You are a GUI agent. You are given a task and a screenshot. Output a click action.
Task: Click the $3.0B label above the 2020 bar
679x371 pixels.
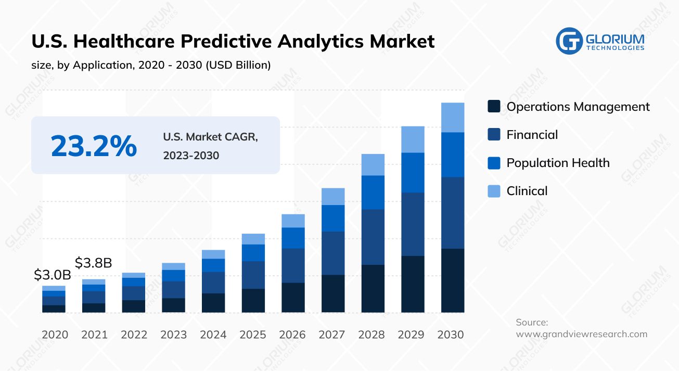[x=52, y=275]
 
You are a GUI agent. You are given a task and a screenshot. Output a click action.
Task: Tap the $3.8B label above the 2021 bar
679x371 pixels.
[x=94, y=263]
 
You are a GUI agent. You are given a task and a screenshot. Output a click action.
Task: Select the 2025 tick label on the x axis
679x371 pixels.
[x=253, y=335]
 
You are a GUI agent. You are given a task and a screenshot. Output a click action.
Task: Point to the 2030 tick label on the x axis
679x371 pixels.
[x=451, y=335]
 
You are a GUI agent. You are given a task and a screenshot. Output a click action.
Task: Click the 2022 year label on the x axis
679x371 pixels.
[x=134, y=335]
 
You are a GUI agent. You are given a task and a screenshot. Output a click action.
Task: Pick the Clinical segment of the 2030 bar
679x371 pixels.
[x=453, y=118]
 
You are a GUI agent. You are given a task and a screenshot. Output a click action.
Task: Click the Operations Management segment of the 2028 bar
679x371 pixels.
[x=373, y=288]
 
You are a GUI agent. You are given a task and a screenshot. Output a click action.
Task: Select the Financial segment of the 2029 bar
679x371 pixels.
[x=413, y=224]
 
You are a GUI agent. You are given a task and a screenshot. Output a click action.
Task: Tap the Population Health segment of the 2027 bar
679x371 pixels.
[x=333, y=218]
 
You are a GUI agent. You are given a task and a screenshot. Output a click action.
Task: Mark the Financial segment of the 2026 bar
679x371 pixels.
[x=293, y=265]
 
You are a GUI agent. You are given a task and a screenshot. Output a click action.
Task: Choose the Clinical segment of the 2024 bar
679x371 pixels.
[x=213, y=254]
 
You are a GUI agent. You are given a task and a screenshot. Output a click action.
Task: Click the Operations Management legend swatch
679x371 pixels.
[x=494, y=107]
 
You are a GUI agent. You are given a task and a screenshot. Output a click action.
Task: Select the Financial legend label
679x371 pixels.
[x=532, y=135]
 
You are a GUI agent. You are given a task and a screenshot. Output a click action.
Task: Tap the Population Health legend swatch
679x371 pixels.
[x=494, y=163]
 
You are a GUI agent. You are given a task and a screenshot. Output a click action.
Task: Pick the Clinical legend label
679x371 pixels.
[x=527, y=191]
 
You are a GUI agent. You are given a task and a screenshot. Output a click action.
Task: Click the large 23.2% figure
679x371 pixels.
[x=94, y=146]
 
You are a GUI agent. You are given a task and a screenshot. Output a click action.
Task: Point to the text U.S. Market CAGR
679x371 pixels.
[x=210, y=137]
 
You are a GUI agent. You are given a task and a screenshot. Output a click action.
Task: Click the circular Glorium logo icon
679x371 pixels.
[x=569, y=41]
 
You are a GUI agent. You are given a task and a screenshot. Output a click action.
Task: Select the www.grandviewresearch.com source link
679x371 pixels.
[x=581, y=334]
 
